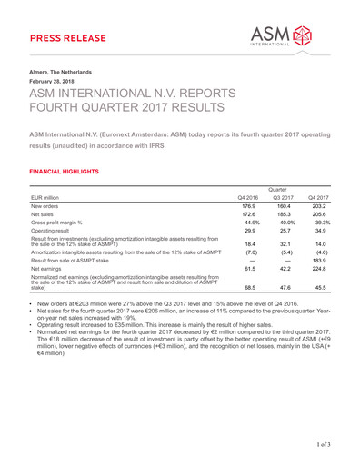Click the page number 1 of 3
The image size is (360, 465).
326,443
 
